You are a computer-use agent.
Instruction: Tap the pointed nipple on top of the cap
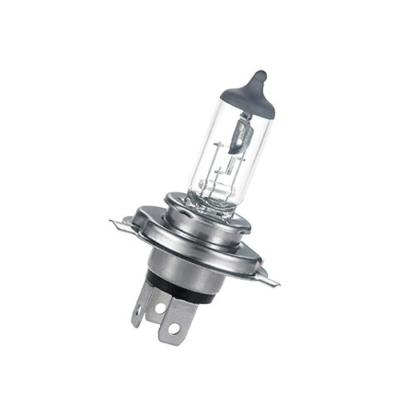(260, 75)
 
